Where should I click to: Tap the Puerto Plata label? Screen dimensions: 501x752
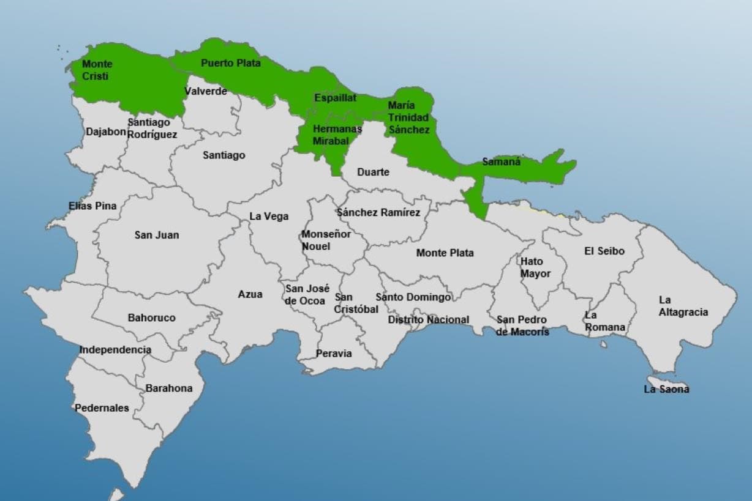tap(230, 62)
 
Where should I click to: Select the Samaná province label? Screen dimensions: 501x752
tap(501, 162)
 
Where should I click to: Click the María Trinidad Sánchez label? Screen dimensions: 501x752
tap(408, 117)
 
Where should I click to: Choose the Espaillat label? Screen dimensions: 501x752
tap(335, 98)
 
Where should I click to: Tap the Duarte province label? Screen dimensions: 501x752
tap(373, 172)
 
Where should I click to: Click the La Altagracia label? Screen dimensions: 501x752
tap(683, 306)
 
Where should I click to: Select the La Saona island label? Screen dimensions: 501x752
tap(666, 389)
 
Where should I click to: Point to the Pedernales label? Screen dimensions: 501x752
tap(102, 407)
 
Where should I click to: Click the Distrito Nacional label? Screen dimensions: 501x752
tap(428, 319)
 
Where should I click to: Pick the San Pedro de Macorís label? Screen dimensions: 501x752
tap(522, 325)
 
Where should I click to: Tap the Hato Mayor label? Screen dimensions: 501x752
tap(535, 267)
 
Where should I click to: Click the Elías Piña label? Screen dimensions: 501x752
tap(92, 206)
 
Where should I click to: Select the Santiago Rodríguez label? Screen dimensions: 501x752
tap(152, 128)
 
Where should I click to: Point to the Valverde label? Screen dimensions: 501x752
tap(206, 91)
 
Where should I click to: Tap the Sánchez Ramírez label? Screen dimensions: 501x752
tap(378, 212)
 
